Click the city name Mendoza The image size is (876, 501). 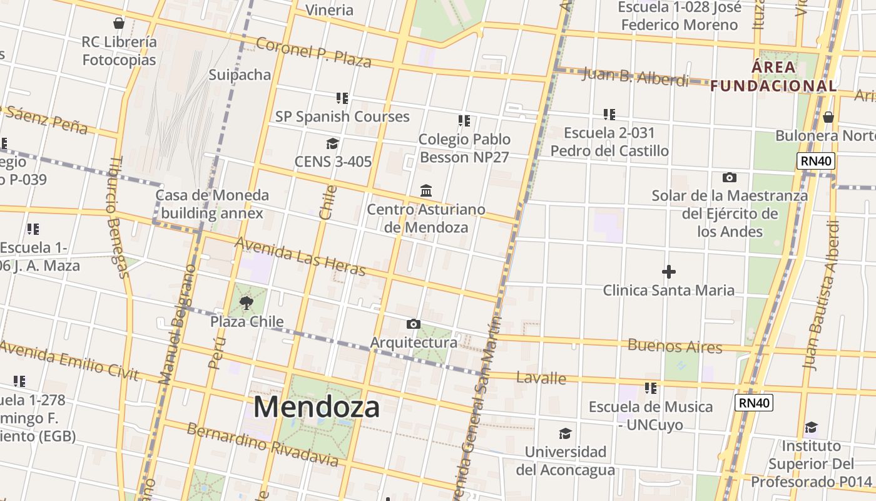point(316,407)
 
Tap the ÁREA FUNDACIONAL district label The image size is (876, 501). point(773,76)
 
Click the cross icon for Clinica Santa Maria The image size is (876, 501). point(668,272)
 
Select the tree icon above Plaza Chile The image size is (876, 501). point(247,304)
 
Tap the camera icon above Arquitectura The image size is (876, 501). point(413,324)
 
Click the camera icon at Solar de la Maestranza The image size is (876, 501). point(729,177)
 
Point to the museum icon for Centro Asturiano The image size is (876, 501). point(426,190)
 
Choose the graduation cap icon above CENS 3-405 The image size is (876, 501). point(332,143)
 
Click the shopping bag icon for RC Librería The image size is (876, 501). point(119,24)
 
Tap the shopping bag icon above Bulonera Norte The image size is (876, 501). point(828,117)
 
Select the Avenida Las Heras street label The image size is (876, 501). point(300,256)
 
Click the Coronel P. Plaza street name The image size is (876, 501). point(313,52)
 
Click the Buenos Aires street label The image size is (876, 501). point(675,346)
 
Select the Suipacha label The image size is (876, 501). point(240,75)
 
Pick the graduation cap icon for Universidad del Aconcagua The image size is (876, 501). point(565,433)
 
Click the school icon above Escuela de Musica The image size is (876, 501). point(651,388)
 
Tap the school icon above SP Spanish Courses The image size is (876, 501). point(342,98)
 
